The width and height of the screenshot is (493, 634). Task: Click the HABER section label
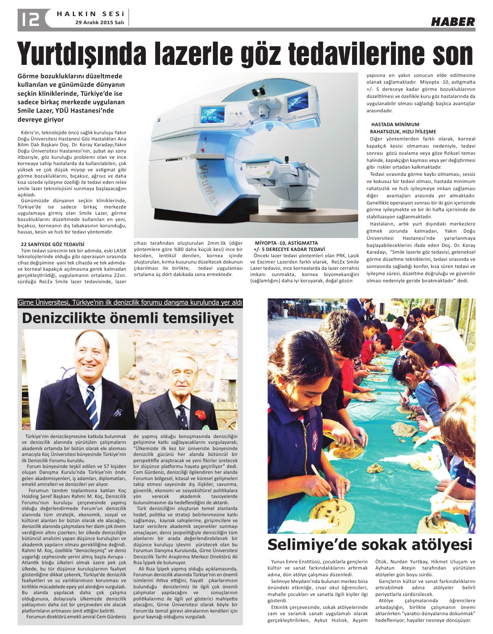pos(452,21)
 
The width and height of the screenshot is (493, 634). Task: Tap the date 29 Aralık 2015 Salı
pos(99,22)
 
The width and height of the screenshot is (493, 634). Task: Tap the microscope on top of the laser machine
pos(259,92)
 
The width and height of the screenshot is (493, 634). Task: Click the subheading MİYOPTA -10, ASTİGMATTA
pos(286,243)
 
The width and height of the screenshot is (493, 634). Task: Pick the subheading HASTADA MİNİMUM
pos(395,124)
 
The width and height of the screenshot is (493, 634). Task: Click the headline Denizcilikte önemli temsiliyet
pos(128,318)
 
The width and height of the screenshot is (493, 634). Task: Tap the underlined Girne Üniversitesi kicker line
pos(130,303)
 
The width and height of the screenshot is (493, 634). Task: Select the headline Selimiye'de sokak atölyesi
pos(370,545)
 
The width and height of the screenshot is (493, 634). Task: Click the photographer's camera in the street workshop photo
pos(371,304)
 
